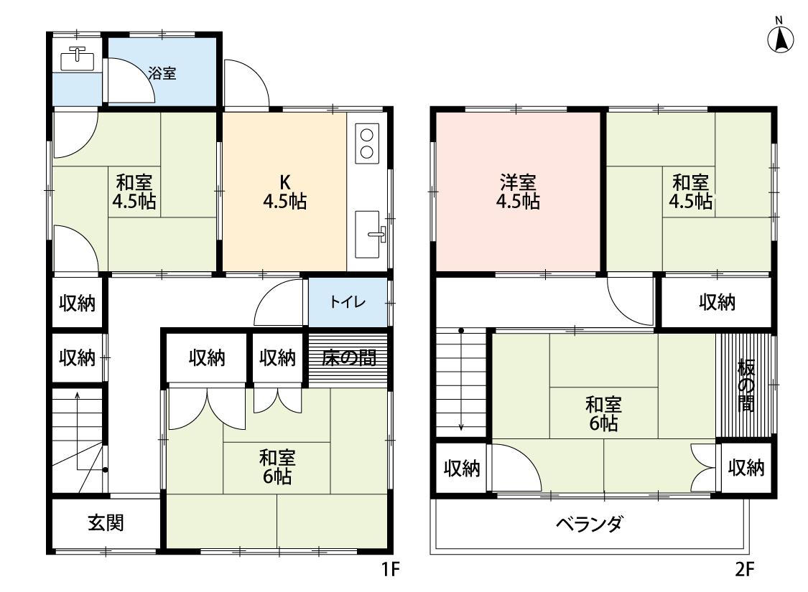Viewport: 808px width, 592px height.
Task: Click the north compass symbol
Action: (781, 39)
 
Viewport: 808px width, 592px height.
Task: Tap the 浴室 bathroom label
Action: (162, 73)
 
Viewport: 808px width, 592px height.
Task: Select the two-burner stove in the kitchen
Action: (367, 142)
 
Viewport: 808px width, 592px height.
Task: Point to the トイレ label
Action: (348, 302)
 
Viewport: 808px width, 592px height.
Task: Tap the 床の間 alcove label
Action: (348, 357)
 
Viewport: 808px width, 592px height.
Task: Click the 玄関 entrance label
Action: (106, 523)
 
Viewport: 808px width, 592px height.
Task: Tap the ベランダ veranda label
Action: (589, 524)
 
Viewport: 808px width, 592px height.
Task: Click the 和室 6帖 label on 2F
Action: (603, 413)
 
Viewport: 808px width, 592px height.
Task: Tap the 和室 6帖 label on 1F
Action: (277, 466)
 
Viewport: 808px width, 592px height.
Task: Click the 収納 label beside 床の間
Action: (277, 357)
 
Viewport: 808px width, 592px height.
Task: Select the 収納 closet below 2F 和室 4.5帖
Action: (717, 302)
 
